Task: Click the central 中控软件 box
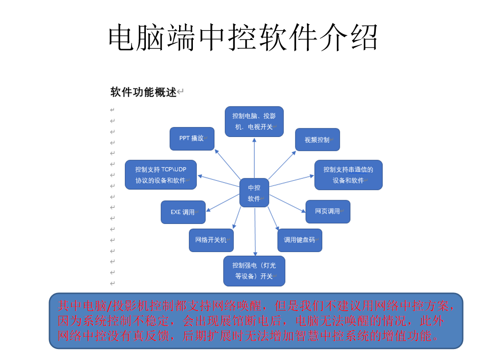pyautogui.click(x=254, y=193)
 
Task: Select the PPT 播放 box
pyautogui.click(x=192, y=138)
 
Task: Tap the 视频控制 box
pyautogui.click(x=317, y=140)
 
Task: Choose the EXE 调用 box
pyautogui.click(x=183, y=212)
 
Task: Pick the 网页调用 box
pyautogui.click(x=328, y=212)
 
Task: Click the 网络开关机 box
pyautogui.click(x=211, y=240)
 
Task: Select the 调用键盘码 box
pyautogui.click(x=300, y=240)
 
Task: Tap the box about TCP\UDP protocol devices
pyautogui.click(x=161, y=175)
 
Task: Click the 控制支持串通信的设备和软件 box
pyautogui.click(x=348, y=175)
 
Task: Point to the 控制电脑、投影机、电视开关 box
pyautogui.click(x=254, y=122)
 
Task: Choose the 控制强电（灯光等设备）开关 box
pyautogui.click(x=254, y=271)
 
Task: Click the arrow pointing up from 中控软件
pyautogui.click(x=254, y=158)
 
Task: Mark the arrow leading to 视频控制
pyautogui.click(x=282, y=165)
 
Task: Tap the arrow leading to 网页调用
pyautogui.click(x=287, y=204)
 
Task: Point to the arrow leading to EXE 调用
pyautogui.click(x=223, y=203)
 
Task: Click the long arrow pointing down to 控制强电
pyautogui.click(x=255, y=232)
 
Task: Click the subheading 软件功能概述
pyautogui.click(x=143, y=92)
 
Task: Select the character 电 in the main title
pyautogui.click(x=122, y=38)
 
